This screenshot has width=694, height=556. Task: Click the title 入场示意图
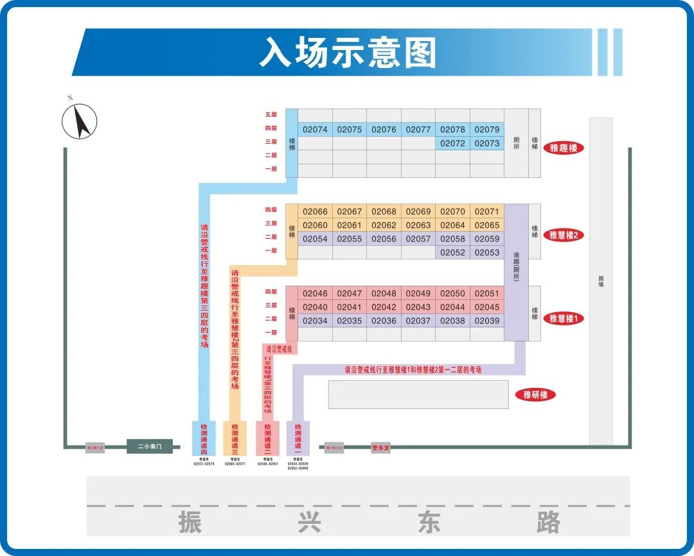(348, 52)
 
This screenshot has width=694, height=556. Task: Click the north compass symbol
(80, 120)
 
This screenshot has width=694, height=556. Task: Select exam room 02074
(315, 130)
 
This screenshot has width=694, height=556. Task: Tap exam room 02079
(486, 130)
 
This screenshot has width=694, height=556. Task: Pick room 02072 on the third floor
(452, 143)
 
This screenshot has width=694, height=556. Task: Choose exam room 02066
(315, 212)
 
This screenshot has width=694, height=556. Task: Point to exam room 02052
(452, 252)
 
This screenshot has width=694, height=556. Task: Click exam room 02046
(315, 293)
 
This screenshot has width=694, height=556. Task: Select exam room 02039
(486, 320)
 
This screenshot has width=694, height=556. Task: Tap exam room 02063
(418, 225)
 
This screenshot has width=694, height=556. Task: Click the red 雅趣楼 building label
(564, 148)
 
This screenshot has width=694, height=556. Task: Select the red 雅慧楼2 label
(564, 235)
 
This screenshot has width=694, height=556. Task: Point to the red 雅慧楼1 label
(564, 318)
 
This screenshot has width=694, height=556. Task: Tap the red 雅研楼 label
(535, 395)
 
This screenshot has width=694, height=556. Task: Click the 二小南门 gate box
(149, 446)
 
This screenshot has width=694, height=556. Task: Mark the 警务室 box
(380, 447)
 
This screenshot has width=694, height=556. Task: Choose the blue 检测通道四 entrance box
(204, 438)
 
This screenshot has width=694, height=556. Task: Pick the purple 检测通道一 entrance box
(298, 438)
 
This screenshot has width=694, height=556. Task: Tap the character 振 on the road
(190, 521)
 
